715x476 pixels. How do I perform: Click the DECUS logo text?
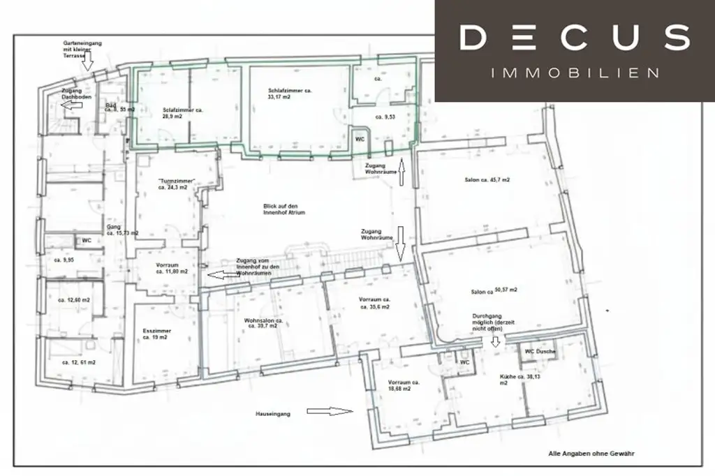point(574,38)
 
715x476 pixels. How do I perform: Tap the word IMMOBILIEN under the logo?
point(575,73)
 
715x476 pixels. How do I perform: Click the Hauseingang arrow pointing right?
point(330,412)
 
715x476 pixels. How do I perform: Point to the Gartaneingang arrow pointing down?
point(87,63)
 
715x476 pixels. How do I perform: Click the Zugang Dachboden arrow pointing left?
point(71,106)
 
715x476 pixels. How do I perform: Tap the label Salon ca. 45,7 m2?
point(487,180)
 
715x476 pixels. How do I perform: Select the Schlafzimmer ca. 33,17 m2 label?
point(289,94)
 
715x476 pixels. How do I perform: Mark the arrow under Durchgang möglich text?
point(495,342)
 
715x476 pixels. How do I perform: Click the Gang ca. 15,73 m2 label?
point(121,230)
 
